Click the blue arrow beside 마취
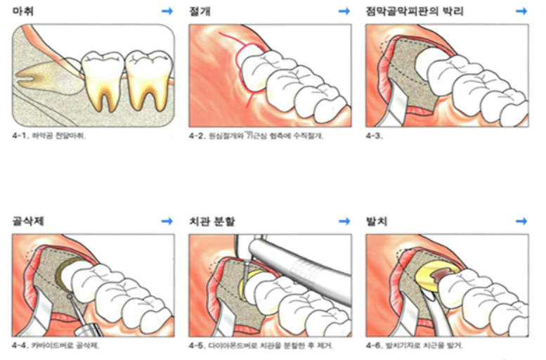coord(167,11)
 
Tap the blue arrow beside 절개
coord(344,11)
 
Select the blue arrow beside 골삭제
coord(167,221)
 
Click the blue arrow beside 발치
coord(521,221)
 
